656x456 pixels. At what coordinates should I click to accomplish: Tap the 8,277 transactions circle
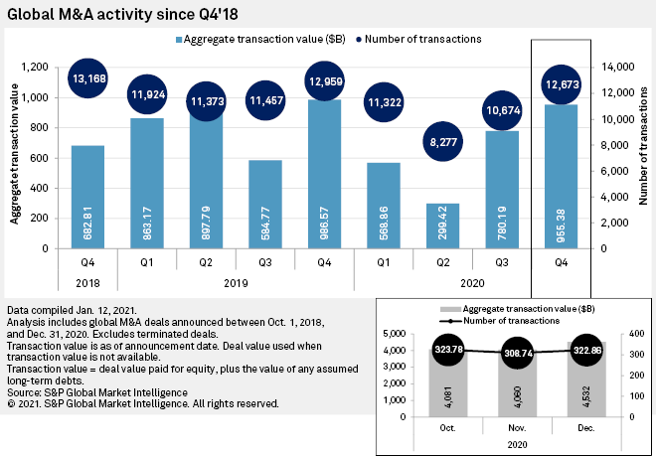click(444, 145)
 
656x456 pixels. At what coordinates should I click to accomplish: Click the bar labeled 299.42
click(444, 227)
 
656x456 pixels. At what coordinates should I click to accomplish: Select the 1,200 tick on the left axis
click(39, 67)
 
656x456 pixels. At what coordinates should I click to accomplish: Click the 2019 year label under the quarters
click(236, 283)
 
